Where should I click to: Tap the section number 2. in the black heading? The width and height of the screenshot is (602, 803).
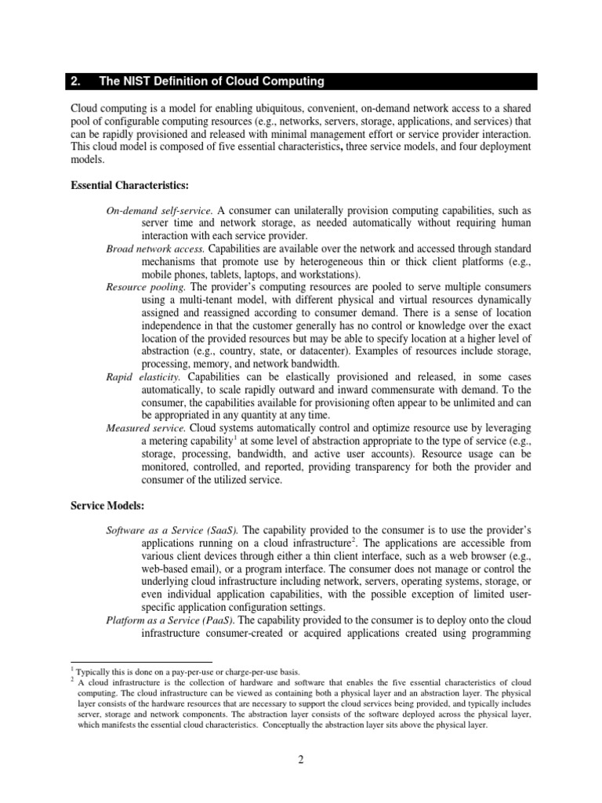pos(77,82)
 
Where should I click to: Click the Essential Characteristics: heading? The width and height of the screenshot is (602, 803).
pos(130,185)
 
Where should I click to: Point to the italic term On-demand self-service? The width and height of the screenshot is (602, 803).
pos(160,212)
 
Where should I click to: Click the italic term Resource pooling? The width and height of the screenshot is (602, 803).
pos(146,287)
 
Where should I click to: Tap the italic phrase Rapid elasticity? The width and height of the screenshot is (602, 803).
pos(143,376)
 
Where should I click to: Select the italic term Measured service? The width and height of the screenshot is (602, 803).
pos(145,427)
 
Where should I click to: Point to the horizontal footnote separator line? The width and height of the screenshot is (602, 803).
pos(141,663)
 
